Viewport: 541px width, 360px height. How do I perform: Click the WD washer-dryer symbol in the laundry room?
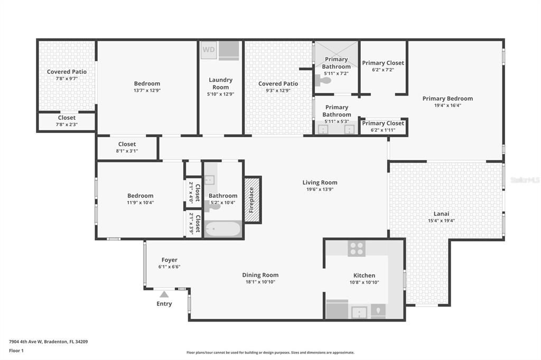click(x=209, y=51)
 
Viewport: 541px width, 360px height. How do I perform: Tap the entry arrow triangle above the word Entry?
click(x=164, y=295)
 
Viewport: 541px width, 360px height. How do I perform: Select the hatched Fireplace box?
click(x=252, y=200)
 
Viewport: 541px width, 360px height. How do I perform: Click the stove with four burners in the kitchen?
click(x=357, y=248)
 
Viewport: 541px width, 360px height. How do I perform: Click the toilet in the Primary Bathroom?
click(x=322, y=81)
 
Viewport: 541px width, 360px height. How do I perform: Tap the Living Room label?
click(x=320, y=183)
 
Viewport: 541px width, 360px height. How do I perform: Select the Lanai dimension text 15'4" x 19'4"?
click(x=441, y=221)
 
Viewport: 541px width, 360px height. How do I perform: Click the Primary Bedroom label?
click(x=447, y=98)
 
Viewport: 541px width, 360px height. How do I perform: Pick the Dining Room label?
click(x=260, y=275)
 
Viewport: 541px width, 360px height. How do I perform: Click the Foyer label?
click(x=169, y=260)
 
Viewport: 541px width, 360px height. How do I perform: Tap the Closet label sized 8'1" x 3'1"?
click(x=127, y=144)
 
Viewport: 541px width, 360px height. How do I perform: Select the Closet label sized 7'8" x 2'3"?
click(x=67, y=118)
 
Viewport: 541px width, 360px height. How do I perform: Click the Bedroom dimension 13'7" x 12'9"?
click(x=147, y=90)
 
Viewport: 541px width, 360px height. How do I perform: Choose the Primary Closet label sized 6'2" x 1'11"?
click(x=383, y=123)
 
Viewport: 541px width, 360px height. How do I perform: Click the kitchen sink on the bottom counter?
click(x=359, y=312)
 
